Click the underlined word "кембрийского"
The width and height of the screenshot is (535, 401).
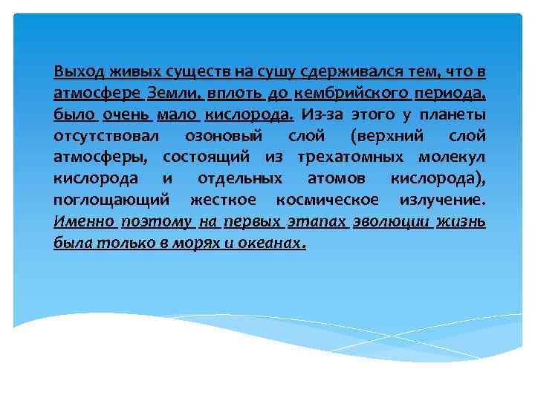351,94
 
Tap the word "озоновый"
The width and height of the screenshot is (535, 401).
223,137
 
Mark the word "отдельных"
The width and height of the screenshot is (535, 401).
240,179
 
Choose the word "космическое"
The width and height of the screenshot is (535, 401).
326,200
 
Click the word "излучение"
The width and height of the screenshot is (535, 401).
443,200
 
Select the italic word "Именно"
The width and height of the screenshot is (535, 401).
84,221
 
